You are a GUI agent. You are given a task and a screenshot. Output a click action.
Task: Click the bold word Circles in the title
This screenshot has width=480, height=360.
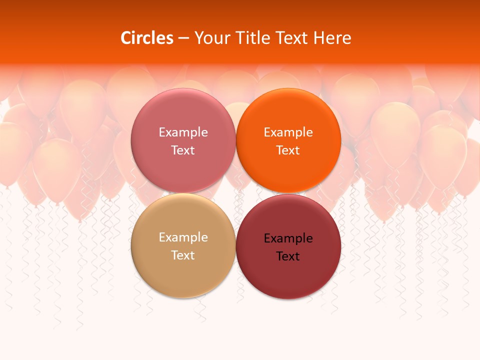point(147,38)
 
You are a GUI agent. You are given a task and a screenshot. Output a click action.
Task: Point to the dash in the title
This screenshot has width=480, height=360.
point(183,38)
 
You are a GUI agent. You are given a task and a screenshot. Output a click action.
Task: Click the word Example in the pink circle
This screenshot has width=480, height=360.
point(183,132)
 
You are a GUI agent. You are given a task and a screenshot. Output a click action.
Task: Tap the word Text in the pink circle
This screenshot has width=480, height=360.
point(183,150)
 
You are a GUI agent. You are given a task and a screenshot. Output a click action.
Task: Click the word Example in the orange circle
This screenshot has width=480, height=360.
point(288,132)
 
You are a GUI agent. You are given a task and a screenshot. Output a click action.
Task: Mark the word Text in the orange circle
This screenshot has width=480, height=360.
point(288,150)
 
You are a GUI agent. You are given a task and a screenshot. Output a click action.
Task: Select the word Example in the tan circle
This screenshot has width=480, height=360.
point(183,237)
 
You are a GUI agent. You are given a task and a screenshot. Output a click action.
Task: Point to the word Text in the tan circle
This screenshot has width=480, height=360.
point(183,255)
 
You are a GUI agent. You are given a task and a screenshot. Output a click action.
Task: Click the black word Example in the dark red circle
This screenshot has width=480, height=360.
point(288,238)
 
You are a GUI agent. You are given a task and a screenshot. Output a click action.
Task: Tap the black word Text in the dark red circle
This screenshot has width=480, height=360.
point(288,256)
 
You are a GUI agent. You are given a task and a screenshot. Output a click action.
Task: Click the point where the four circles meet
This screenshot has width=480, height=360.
point(235,193)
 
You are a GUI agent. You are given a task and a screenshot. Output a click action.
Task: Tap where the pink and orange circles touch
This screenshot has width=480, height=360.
point(235,141)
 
